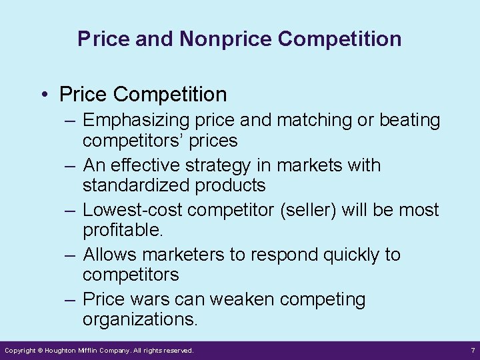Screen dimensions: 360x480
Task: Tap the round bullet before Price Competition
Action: pos(43,95)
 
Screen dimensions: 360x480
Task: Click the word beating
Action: pos(409,121)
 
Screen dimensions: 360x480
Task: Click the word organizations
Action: pos(140,320)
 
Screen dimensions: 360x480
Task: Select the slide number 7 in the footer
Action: pos(471,351)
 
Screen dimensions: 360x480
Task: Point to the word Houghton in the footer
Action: pos(65,351)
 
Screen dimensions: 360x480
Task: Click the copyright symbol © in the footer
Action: pos(39,351)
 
